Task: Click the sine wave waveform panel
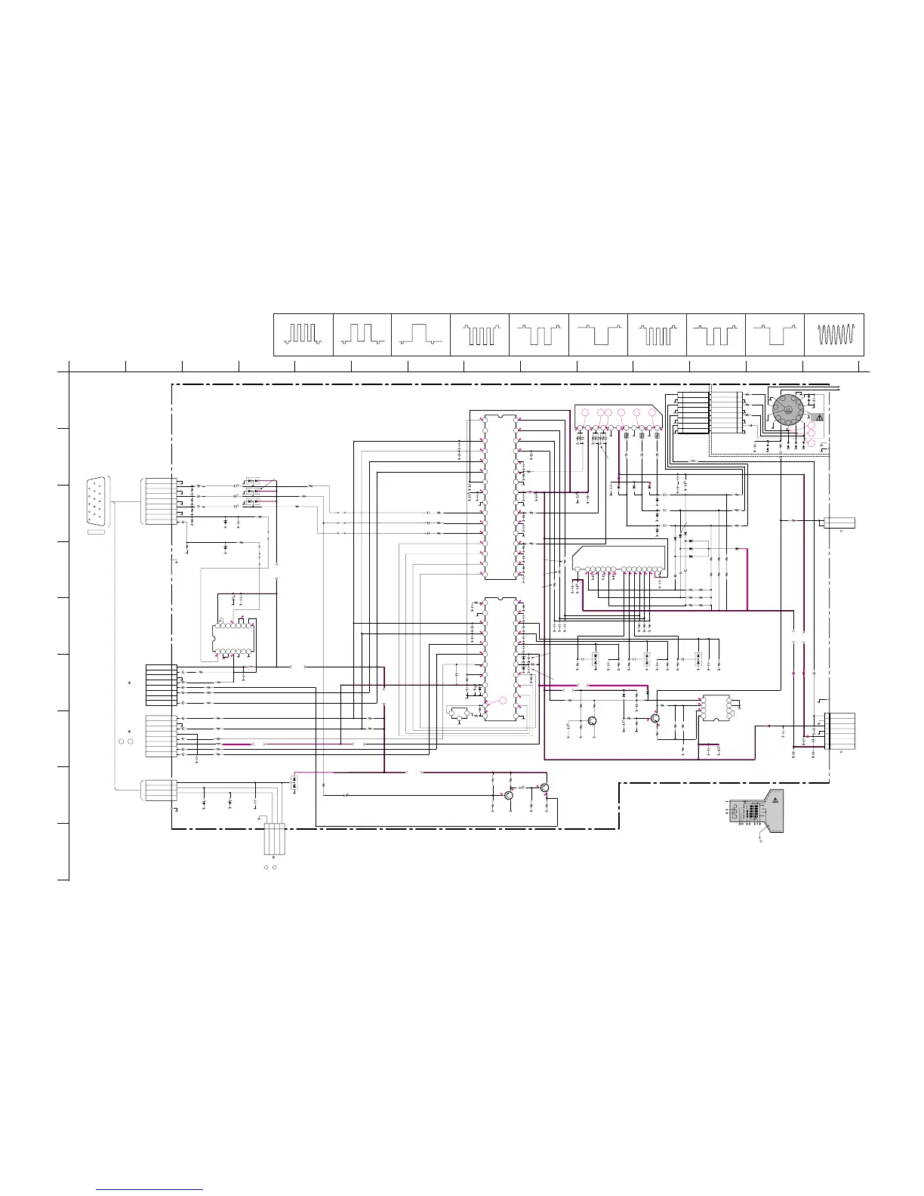click(x=834, y=334)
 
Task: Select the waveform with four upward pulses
click(x=303, y=334)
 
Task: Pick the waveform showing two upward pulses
click(x=362, y=334)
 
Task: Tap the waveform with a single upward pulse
click(x=420, y=334)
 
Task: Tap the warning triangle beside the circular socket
click(x=818, y=418)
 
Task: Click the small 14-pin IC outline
click(x=234, y=639)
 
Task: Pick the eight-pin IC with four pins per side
click(x=716, y=708)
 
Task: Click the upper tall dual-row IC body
click(x=500, y=497)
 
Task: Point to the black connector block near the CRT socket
click(x=692, y=413)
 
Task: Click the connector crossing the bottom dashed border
click(x=274, y=839)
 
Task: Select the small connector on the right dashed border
click(x=839, y=522)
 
